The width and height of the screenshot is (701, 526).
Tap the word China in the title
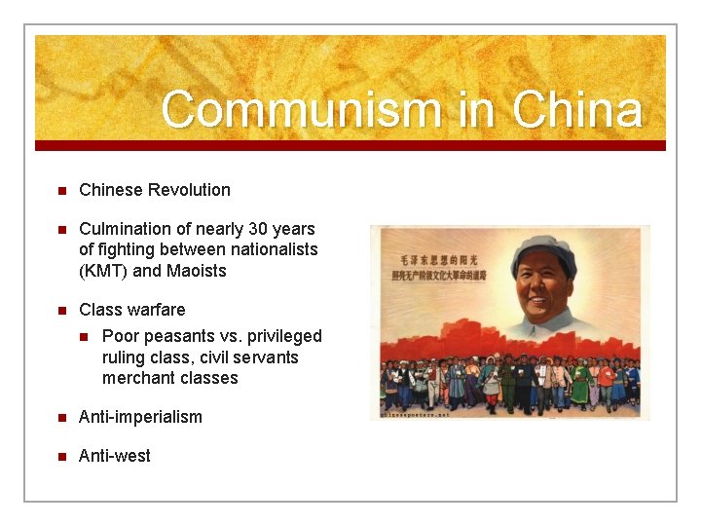(x=577, y=110)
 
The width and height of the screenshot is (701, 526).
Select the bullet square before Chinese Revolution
(x=60, y=190)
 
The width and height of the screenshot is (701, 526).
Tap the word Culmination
(x=127, y=229)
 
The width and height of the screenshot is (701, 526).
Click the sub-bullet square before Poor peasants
(x=84, y=337)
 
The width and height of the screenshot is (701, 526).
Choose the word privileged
(x=287, y=336)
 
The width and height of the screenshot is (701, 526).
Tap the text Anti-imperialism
(x=140, y=417)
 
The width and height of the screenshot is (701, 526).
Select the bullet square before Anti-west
(x=60, y=456)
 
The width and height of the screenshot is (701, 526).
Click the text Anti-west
(x=115, y=456)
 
